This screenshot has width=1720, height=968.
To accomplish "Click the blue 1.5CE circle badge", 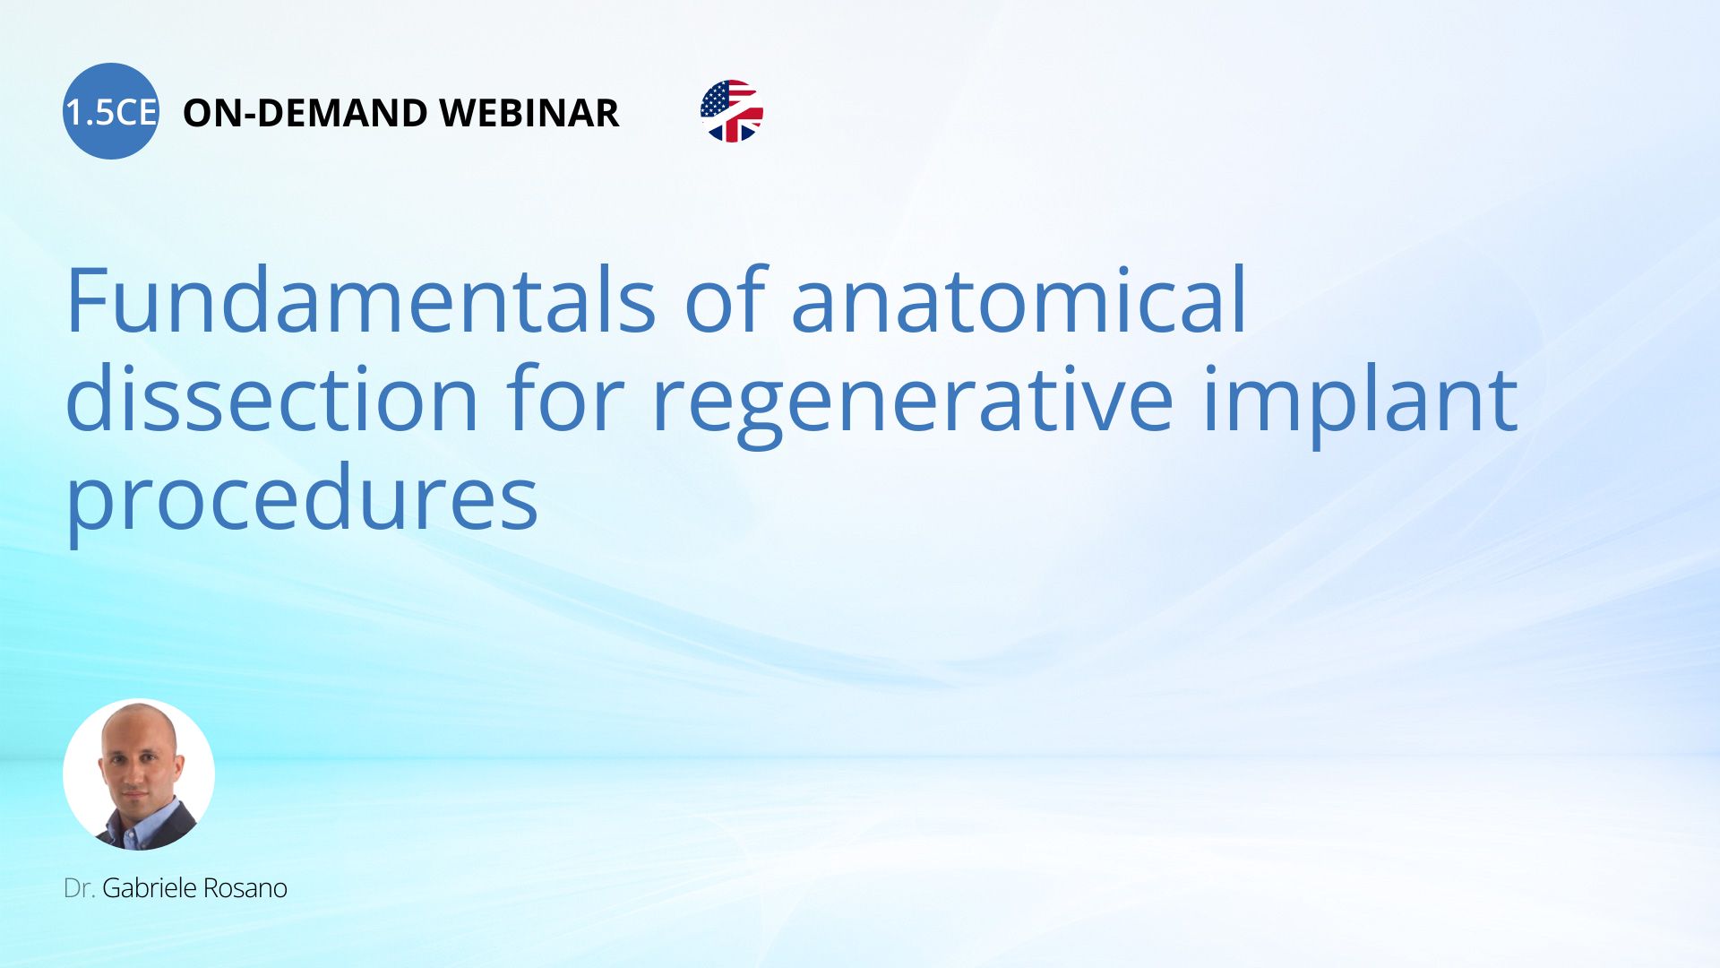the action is click(111, 111).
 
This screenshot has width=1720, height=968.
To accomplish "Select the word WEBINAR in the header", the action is click(529, 113).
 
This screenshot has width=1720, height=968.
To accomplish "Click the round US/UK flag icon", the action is click(732, 111).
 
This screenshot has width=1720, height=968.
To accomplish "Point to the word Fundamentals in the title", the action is click(361, 300).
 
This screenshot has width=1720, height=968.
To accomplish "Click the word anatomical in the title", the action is click(1019, 300).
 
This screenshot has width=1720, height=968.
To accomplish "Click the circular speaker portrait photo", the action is click(139, 774).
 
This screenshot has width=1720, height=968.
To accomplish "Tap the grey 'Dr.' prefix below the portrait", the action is click(80, 888).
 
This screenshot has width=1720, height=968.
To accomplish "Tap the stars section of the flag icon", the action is click(716, 99).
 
